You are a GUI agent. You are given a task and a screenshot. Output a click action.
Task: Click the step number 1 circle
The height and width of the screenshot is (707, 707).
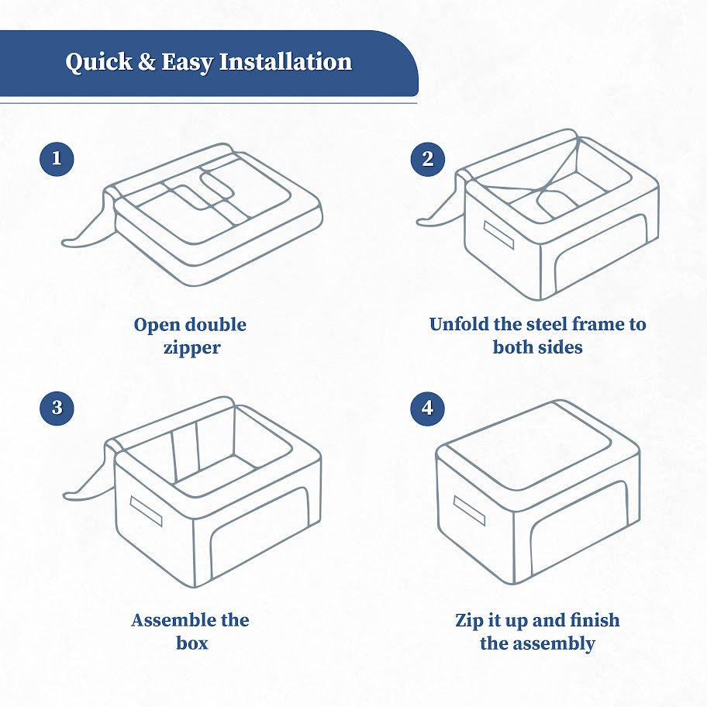click(57, 159)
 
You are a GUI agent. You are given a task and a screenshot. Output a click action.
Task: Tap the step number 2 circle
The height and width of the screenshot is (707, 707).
click(428, 159)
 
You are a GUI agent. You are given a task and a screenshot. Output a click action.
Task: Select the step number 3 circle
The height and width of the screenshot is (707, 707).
click(57, 409)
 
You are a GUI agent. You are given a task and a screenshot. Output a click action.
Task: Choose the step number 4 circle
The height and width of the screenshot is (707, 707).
click(428, 409)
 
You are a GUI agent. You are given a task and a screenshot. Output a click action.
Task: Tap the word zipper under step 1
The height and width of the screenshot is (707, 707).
click(191, 347)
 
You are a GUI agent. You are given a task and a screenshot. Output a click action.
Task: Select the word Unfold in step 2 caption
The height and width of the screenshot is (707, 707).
click(460, 324)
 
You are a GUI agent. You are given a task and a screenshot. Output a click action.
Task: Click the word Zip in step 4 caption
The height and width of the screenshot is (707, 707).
click(470, 620)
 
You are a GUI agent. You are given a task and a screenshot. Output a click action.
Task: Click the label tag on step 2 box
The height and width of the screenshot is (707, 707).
click(498, 236)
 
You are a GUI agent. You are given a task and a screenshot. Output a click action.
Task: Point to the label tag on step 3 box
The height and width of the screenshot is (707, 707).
click(146, 512)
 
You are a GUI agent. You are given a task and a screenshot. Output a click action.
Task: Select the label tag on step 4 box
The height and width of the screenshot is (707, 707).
click(469, 510)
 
